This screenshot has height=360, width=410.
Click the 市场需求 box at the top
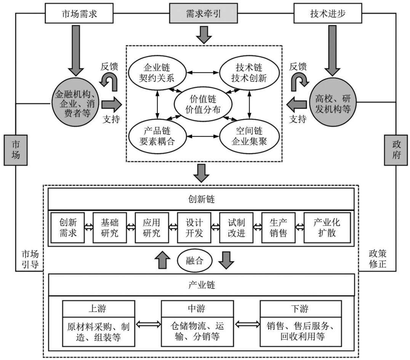point(79,13)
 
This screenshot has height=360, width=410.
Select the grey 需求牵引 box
point(203,13)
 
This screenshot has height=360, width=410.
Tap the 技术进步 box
point(328,13)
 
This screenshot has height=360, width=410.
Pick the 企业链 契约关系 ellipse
point(157,73)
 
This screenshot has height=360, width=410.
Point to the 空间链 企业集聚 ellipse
point(249,136)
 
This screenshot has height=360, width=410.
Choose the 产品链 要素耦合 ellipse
point(157,136)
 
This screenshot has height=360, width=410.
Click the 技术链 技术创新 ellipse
point(249,73)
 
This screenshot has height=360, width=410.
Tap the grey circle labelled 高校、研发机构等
point(333,102)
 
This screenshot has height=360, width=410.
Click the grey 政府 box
point(396,150)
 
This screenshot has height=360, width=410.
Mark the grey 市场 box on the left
point(15,150)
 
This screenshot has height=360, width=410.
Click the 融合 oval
point(195,261)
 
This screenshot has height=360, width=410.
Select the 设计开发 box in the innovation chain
point(194,228)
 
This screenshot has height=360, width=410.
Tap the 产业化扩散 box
point(327,228)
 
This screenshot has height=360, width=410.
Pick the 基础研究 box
point(110,228)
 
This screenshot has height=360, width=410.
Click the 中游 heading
point(197,309)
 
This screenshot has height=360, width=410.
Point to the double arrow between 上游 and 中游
point(148,325)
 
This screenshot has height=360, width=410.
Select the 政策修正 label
point(378,259)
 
